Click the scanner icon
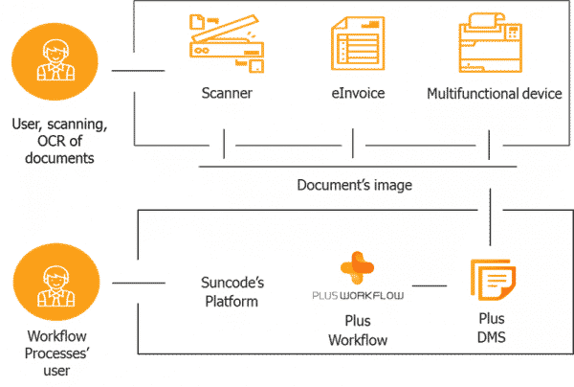click(x=226, y=46)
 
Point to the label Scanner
click(x=227, y=94)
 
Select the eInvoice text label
click(x=355, y=94)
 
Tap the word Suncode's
click(x=230, y=282)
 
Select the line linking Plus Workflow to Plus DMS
click(x=438, y=285)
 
